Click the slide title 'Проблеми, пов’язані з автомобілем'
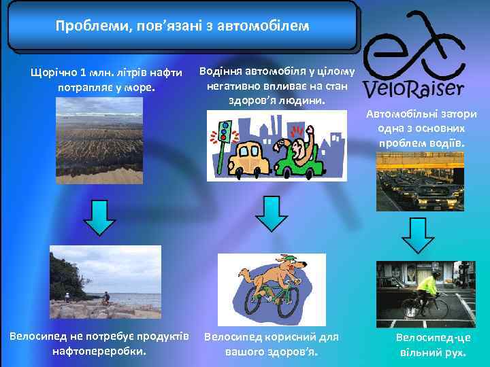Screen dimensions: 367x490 click(182, 27)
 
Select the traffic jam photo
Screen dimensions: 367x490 click(420, 181)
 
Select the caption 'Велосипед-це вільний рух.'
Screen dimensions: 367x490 click(433, 345)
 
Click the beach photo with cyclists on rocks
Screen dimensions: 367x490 click(105, 281)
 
